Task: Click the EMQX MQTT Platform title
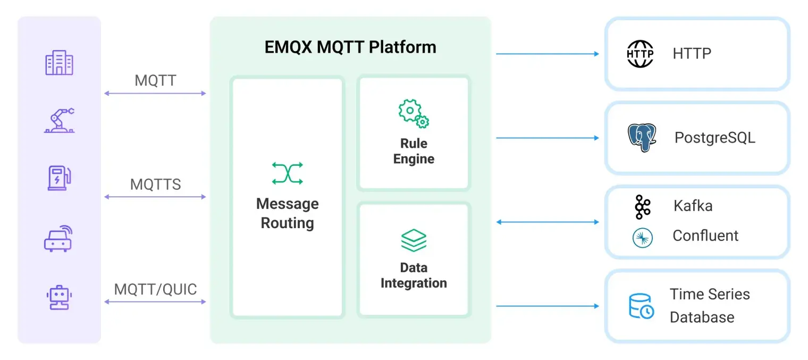[350, 47]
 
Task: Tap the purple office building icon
[59, 63]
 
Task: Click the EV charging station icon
[59, 178]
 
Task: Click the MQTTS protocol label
[155, 185]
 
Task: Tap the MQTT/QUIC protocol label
[155, 289]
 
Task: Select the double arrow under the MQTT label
[155, 94]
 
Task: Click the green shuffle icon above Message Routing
[287, 173]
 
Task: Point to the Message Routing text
[287, 213]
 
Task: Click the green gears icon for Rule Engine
[414, 113]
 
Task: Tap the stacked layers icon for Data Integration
[414, 240]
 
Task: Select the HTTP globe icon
[640, 54]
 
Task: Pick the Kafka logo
[642, 207]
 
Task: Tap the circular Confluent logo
[642, 237]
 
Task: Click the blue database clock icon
[641, 306]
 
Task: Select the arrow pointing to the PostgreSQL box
[548, 138]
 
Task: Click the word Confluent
[705, 236]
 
